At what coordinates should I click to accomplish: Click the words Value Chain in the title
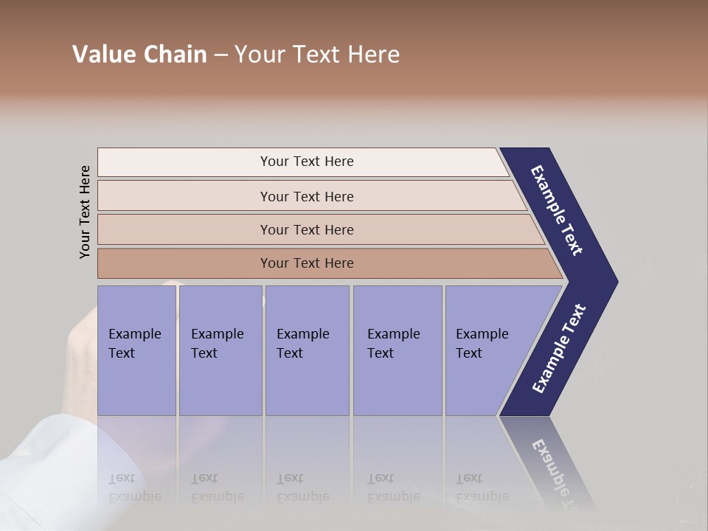(x=139, y=55)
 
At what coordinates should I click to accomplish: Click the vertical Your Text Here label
(x=85, y=212)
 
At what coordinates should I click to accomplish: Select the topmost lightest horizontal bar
(x=302, y=162)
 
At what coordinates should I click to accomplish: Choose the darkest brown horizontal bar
(x=184, y=263)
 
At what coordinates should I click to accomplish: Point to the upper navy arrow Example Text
(x=557, y=211)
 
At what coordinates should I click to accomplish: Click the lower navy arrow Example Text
(x=559, y=348)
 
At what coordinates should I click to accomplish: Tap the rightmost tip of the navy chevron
(x=615, y=282)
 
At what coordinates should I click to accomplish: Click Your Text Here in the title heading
(x=317, y=55)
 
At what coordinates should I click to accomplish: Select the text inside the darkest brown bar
(x=307, y=263)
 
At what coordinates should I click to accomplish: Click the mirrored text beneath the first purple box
(x=134, y=487)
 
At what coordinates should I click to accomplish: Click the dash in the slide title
(x=221, y=55)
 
